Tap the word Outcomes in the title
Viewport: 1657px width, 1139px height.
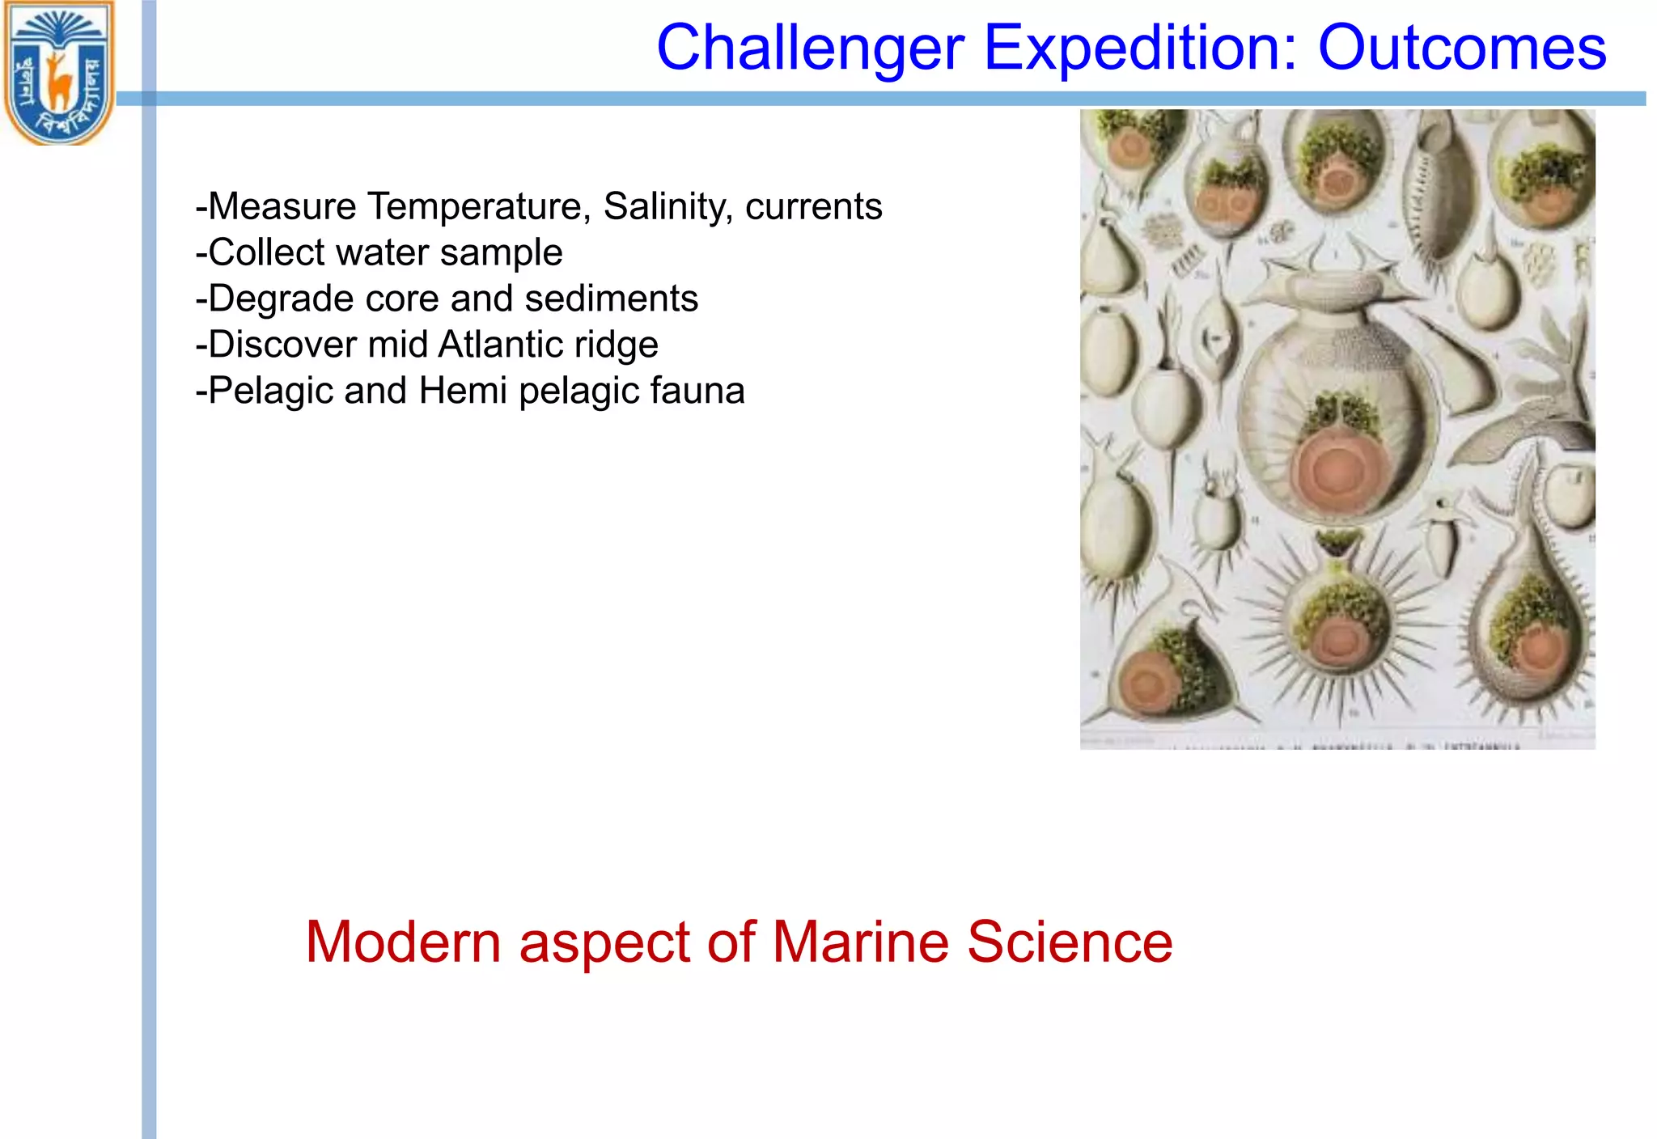tap(1461, 49)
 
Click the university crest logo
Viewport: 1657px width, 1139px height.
tap(59, 73)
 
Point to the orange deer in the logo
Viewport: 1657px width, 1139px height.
tap(58, 81)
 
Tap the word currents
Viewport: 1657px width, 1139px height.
tap(813, 206)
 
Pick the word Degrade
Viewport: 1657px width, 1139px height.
tap(281, 299)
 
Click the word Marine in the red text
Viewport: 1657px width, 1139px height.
tap(860, 942)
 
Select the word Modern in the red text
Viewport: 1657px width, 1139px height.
tap(403, 942)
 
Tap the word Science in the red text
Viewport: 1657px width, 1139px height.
tap(1070, 942)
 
